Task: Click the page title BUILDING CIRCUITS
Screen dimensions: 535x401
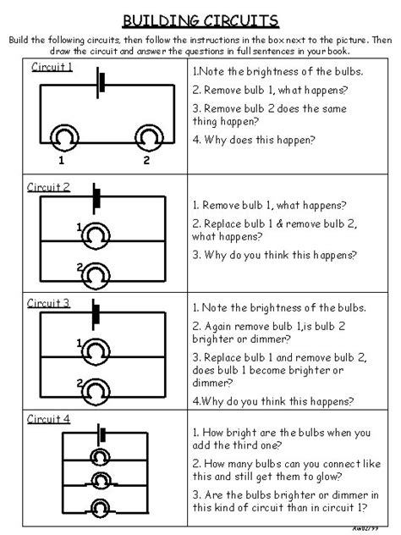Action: [200, 19]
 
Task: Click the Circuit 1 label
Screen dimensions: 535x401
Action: [52, 67]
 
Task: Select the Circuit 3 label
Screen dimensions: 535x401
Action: [48, 303]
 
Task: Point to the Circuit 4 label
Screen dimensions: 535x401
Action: [48, 419]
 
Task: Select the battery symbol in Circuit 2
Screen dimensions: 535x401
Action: [96, 200]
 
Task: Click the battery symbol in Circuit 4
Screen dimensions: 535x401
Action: [102, 435]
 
